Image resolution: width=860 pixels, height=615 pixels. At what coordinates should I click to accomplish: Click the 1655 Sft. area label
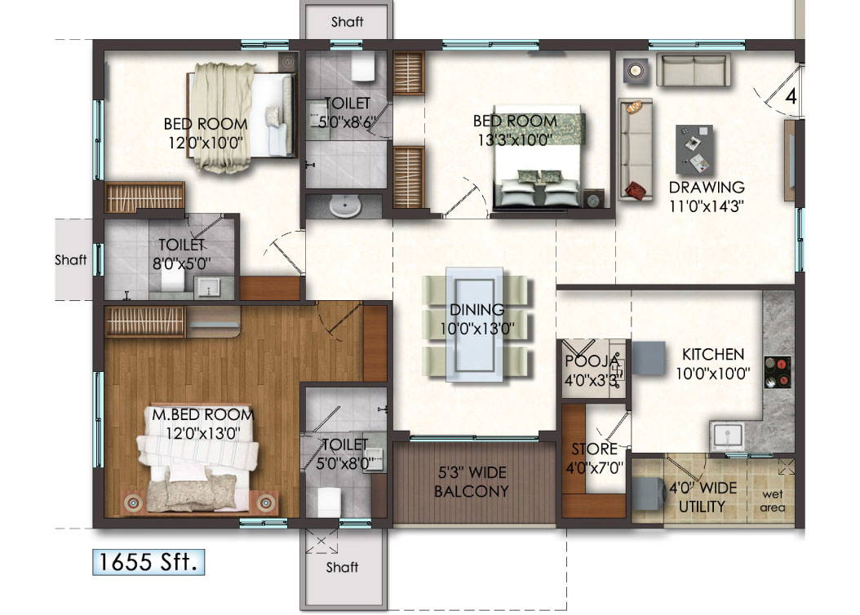pyautogui.click(x=148, y=562)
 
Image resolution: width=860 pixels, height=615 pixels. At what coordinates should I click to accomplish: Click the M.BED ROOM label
pyautogui.click(x=203, y=415)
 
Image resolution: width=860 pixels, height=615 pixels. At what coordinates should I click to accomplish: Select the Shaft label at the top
pyautogui.click(x=347, y=22)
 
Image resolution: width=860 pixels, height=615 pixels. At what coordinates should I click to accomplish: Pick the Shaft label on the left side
pyautogui.click(x=71, y=261)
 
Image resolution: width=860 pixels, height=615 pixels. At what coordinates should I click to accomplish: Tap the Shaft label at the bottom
pyautogui.click(x=342, y=567)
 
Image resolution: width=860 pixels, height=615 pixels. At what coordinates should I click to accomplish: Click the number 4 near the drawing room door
pyautogui.click(x=790, y=95)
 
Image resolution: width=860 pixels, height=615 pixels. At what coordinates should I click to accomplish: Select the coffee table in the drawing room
pyautogui.click(x=694, y=148)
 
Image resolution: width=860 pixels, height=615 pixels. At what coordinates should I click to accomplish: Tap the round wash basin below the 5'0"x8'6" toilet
pyautogui.click(x=344, y=206)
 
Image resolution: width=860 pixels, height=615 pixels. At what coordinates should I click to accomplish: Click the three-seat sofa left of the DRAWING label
pyautogui.click(x=635, y=149)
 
